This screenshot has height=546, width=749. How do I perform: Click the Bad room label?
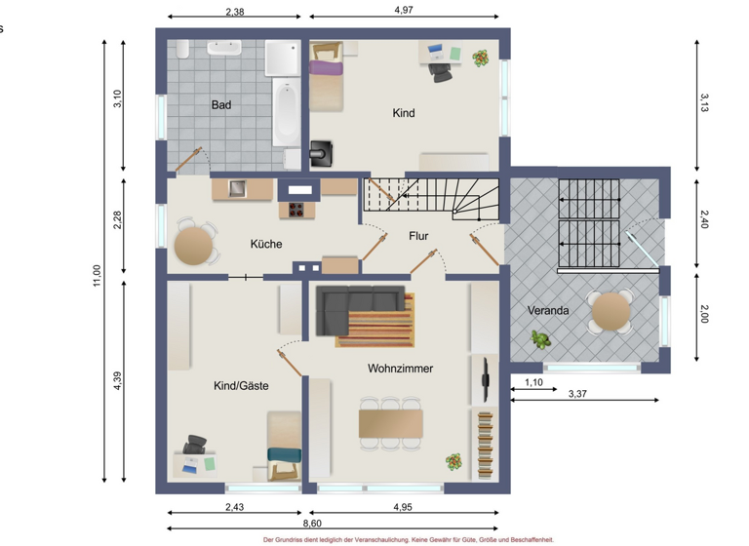pyautogui.click(x=221, y=104)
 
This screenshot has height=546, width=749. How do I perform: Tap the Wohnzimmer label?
pyautogui.click(x=400, y=369)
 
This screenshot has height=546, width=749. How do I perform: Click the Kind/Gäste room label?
pyautogui.click(x=241, y=386)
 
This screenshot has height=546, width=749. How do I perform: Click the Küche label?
pyautogui.click(x=265, y=244)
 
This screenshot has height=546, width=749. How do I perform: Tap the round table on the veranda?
pyautogui.click(x=611, y=310)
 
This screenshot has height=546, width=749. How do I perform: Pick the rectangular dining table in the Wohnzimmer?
pyautogui.click(x=391, y=424)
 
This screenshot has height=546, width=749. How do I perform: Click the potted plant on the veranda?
pyautogui.click(x=539, y=340)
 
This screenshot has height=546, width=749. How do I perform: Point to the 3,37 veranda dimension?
pyautogui.click(x=577, y=394)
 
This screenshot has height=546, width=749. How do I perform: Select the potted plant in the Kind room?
pyautogui.click(x=480, y=58)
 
